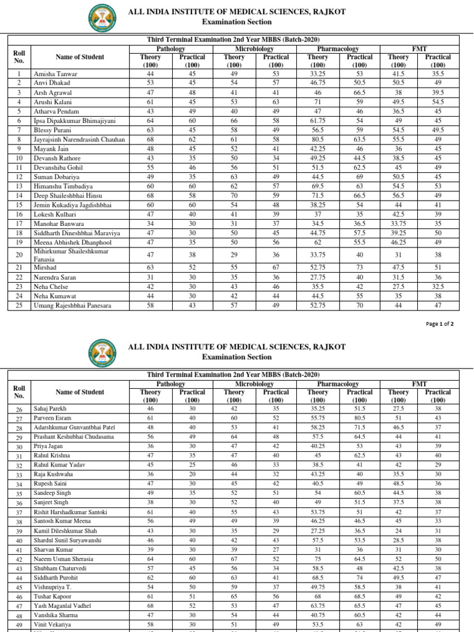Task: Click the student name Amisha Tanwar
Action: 55,73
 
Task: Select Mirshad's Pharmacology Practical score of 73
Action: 359,268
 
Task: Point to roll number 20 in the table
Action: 19,255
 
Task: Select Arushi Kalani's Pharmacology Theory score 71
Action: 318,102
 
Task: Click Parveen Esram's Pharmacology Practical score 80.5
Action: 359,418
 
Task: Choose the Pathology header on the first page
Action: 171,48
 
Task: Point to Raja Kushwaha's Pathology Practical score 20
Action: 192,474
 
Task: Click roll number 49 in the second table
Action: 19,625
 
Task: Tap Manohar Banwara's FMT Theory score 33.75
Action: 398,223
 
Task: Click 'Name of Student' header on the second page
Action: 80,392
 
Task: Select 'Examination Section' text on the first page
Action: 236,22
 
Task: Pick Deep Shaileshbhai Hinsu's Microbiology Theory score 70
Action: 234,195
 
